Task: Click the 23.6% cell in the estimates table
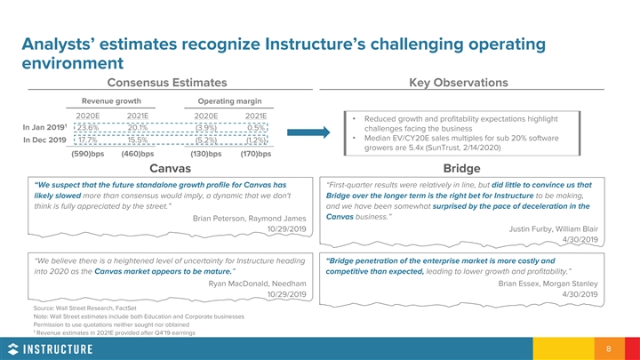click(x=87, y=126)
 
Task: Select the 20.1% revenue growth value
click(x=137, y=126)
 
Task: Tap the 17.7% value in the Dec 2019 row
click(x=87, y=140)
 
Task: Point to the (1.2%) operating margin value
click(x=256, y=140)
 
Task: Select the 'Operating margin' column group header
click(x=229, y=100)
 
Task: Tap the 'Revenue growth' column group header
click(x=112, y=100)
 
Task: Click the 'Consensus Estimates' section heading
click(x=171, y=83)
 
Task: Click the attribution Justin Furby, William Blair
click(x=553, y=228)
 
